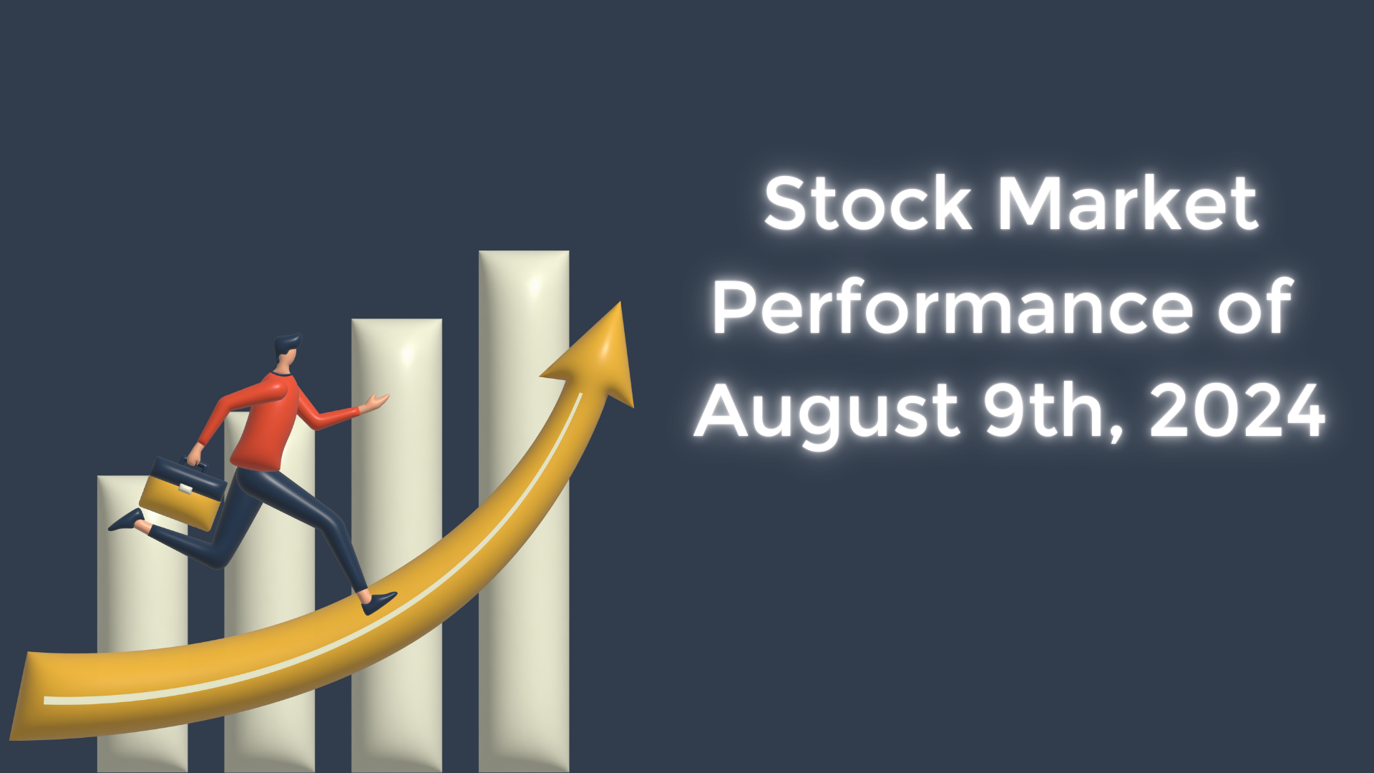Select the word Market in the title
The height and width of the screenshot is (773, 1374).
[x=1127, y=204]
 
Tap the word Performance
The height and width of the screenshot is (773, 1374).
[x=952, y=308]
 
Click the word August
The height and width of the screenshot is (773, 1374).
[x=827, y=412]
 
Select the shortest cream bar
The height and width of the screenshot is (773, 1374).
[x=122, y=587]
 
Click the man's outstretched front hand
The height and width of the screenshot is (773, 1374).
[x=376, y=402]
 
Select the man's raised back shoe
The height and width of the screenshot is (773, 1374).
[x=126, y=520]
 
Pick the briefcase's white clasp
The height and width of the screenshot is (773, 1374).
[x=185, y=490]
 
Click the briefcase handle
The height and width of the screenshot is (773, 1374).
[x=193, y=464]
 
